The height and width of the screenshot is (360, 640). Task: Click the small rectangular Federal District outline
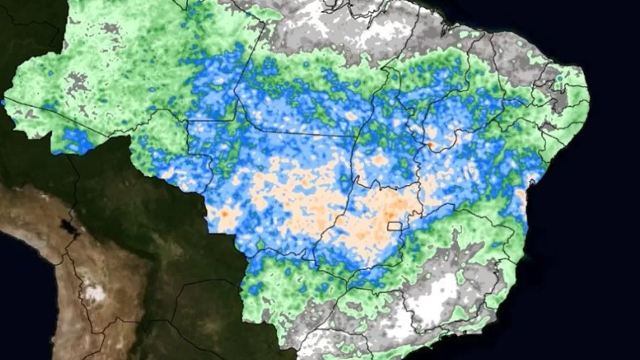pyautogui.click(x=395, y=227)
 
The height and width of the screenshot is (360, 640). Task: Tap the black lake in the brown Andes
pyautogui.click(x=69, y=227)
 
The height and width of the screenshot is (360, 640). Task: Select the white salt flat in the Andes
pyautogui.click(x=92, y=292)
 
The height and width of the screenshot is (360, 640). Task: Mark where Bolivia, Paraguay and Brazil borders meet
pyautogui.click(x=245, y=260)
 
